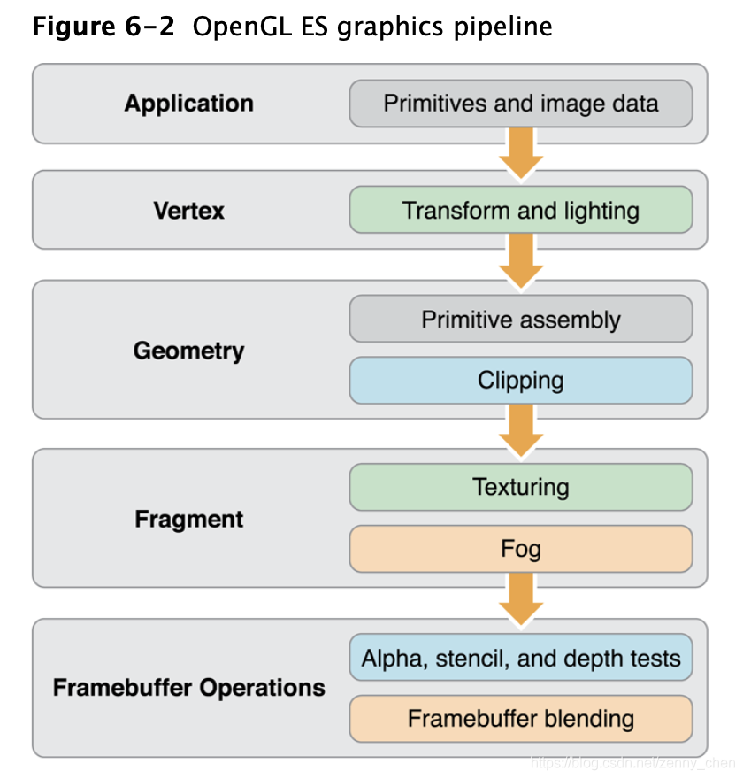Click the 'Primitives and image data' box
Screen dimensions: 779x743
[520, 104]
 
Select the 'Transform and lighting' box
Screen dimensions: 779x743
[520, 211]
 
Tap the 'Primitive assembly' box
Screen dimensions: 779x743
[520, 320]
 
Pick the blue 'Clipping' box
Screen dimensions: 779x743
[520, 381]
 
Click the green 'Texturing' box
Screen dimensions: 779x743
[520, 487]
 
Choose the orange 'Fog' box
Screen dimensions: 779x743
[520, 549]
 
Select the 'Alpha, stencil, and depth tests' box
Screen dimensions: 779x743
[520, 659]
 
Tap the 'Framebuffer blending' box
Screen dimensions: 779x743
[520, 718]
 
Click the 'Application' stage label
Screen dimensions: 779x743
[188, 104]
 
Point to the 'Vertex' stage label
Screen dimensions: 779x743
[188, 211]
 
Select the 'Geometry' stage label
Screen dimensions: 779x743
[188, 351]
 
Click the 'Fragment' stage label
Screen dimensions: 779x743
[188, 519]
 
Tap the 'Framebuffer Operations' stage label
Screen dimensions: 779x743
[188, 688]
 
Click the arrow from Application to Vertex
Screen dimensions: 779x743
[520, 152]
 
